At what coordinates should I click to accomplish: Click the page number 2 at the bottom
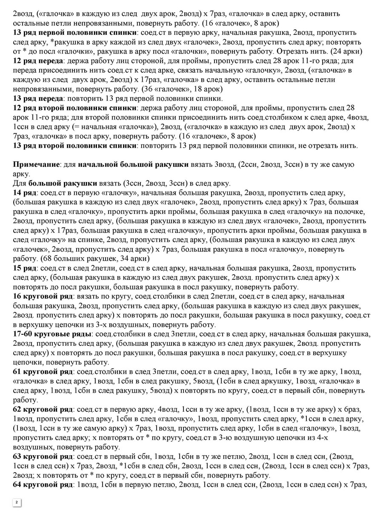(x=17, y=502)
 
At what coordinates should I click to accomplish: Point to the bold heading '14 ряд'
(x=25, y=192)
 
